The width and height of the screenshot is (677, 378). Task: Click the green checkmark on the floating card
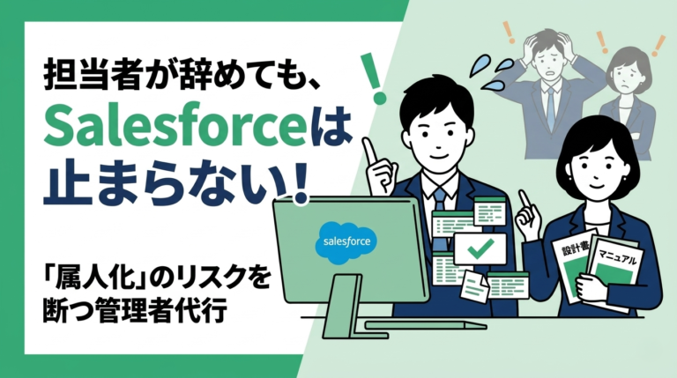click(480, 248)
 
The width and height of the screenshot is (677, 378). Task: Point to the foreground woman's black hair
click(581, 132)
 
